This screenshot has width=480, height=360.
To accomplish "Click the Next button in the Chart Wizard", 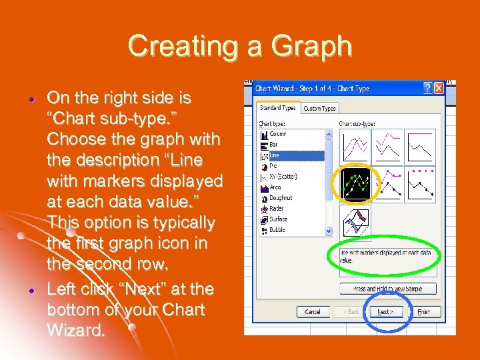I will point(385,311).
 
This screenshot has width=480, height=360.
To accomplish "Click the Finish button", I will point(423,311).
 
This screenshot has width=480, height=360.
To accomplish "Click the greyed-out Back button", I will point(351,311).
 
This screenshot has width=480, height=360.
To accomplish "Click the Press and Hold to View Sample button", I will point(387,289).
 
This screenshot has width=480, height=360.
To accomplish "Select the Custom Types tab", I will point(319,108).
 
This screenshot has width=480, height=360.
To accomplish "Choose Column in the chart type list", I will point(277,134).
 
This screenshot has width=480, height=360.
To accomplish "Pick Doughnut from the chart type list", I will point(280,198).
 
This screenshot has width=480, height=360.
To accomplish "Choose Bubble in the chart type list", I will point(277,230).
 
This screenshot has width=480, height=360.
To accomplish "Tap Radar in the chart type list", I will point(276,209).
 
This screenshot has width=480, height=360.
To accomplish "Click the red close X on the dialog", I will point(439,88).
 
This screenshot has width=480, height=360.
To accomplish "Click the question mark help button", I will point(427,88).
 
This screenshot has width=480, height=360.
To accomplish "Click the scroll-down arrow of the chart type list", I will point(329,231).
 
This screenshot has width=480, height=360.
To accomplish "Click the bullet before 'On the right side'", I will point(31,98).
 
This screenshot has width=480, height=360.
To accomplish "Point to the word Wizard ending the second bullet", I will point(75,330).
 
